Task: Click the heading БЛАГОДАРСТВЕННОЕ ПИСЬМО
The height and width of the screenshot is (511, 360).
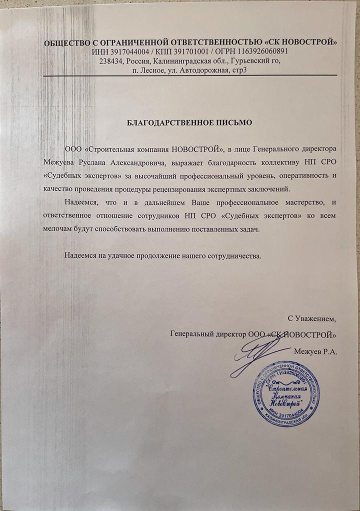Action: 190,122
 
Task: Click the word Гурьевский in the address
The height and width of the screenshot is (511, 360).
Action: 251,61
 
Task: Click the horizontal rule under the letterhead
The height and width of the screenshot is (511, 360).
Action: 190,75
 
